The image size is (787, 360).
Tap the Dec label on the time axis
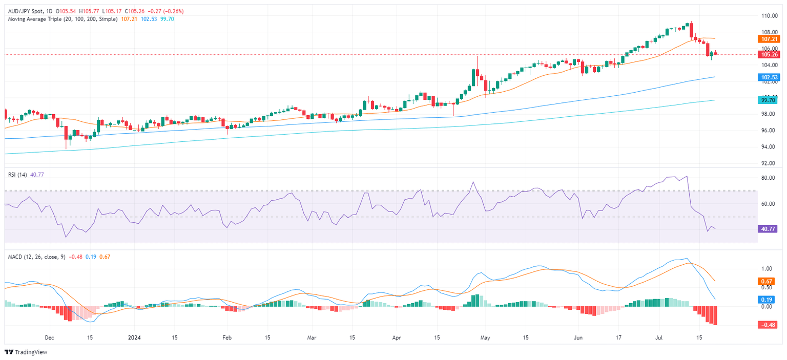50,338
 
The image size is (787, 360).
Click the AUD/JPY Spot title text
24,11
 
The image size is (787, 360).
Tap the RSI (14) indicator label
17,174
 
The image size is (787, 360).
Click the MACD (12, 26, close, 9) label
35,257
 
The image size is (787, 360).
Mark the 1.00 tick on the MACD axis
767,268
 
